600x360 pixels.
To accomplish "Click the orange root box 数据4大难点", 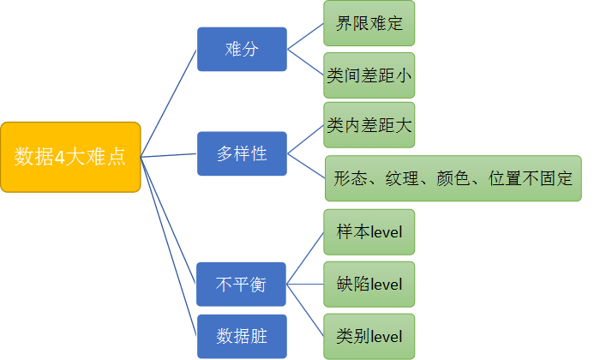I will tap(70, 156).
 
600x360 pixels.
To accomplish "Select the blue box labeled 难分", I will tap(242, 49).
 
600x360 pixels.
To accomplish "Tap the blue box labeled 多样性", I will tap(242, 154).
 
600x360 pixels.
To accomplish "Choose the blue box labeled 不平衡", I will tap(241, 284).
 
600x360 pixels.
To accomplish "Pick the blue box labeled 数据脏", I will tap(241, 336).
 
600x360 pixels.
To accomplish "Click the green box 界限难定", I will tap(369, 24).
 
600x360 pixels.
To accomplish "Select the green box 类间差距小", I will tap(369, 75).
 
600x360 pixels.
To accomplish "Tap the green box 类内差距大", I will tap(369, 126).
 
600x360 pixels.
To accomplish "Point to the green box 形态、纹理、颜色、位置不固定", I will tap(453, 179).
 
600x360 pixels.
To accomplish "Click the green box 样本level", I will tap(369, 231).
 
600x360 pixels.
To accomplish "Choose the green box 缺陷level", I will tap(369, 284).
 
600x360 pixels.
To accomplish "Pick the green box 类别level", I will tap(369, 335).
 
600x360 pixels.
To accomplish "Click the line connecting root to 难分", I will tap(169, 102).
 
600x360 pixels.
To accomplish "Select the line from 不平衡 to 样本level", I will tap(305, 257).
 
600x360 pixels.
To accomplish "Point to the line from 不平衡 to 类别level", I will tap(305, 309).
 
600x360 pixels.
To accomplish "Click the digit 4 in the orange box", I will tap(71, 157).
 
